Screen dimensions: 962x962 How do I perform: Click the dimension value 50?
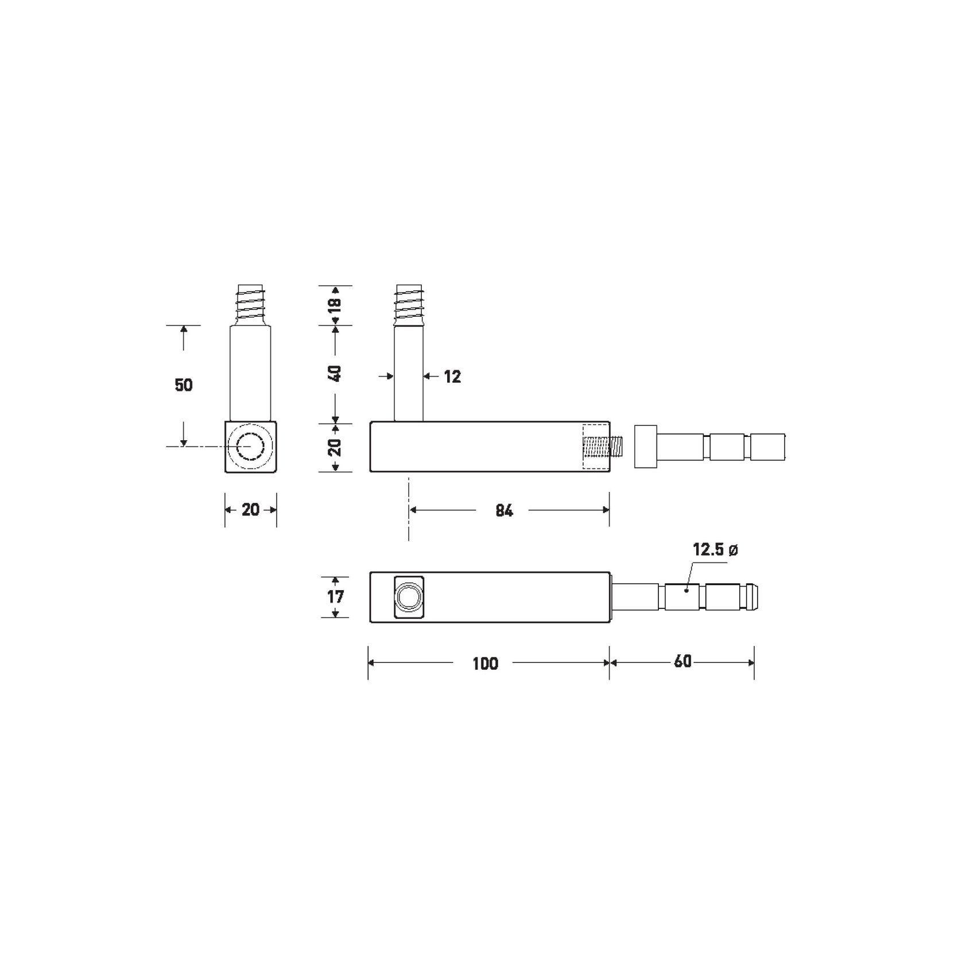pos(184,385)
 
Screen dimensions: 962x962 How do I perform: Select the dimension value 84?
pos(503,510)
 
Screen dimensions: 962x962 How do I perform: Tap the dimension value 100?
pos(485,664)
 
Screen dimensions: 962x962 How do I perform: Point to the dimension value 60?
pos(682,662)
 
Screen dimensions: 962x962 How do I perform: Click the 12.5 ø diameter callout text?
pos(715,549)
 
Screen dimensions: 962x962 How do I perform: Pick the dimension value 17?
pos(335,597)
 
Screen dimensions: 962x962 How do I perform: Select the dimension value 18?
pos(335,304)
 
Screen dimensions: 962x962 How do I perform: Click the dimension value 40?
pos(335,373)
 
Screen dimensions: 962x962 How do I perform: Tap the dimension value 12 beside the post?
pos(452,377)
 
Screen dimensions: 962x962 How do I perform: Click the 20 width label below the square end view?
pos(250,510)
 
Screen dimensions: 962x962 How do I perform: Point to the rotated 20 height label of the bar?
pos(335,447)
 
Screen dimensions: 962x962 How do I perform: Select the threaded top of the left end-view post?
pos(250,305)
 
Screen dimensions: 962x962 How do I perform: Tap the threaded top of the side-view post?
pos(409,304)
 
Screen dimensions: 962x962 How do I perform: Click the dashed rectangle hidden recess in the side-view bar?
pos(596,447)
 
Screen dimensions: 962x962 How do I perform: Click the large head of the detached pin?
pos(645,447)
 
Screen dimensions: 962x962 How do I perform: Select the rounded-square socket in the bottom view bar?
pos(409,598)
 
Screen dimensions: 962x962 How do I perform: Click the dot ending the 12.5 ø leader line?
pos(686,589)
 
